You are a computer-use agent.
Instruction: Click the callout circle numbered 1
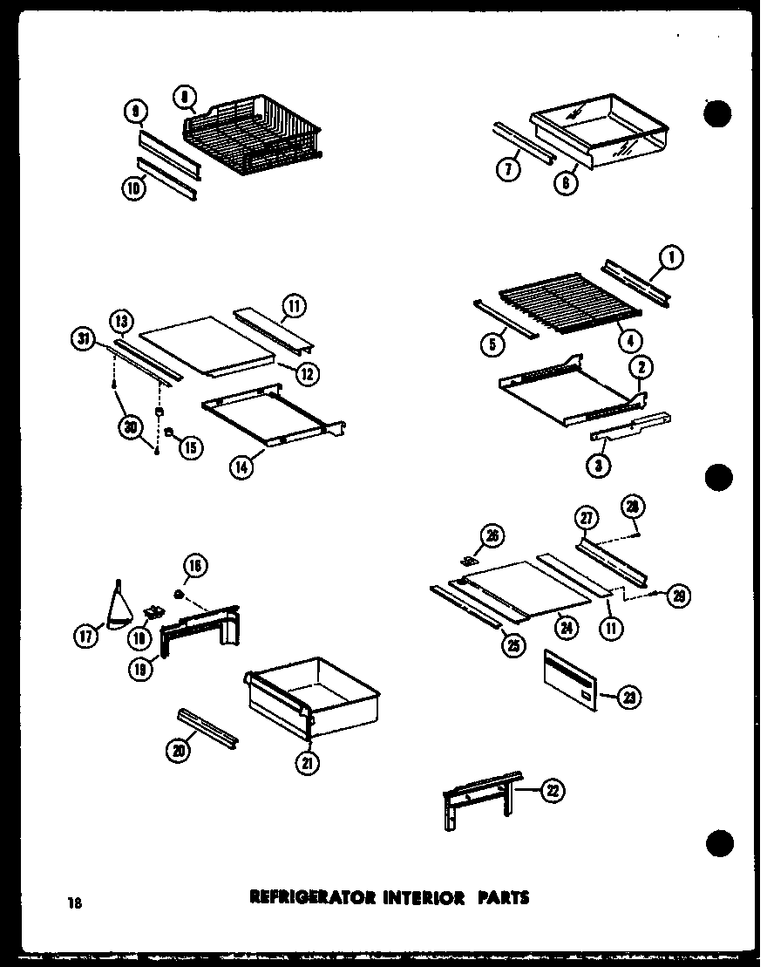point(672,257)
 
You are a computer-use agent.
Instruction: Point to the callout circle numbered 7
point(511,169)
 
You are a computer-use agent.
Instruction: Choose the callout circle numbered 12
point(307,374)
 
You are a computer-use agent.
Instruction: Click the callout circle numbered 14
point(241,467)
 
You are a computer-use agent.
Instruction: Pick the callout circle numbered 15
point(189,447)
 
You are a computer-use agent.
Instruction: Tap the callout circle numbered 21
point(308,764)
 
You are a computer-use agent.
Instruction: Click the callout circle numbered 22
point(552,791)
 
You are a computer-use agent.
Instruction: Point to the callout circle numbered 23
point(630,696)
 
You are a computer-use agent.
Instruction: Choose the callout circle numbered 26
point(492,536)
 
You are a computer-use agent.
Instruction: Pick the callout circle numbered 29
point(679,596)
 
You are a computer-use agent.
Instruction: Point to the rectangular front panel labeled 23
point(570,678)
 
